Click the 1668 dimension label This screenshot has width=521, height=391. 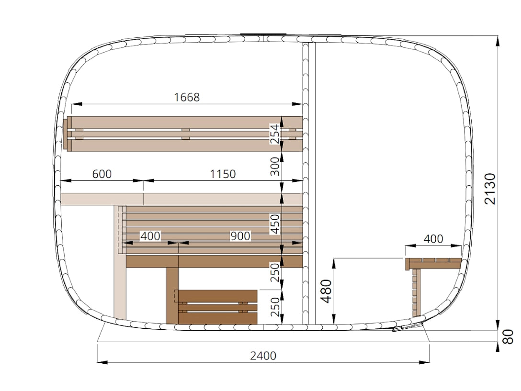[187, 97]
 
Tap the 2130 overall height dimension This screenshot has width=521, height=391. [490, 189]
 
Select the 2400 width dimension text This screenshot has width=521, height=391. [263, 356]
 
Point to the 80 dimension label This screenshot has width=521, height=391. [509, 337]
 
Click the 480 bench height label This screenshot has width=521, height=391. [327, 291]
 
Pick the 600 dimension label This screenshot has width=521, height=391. [102, 174]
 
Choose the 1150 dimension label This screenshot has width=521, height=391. [223, 174]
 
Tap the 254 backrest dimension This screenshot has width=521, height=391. [274, 134]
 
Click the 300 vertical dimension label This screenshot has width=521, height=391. [274, 167]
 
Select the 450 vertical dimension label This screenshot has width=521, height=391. [274, 224]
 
